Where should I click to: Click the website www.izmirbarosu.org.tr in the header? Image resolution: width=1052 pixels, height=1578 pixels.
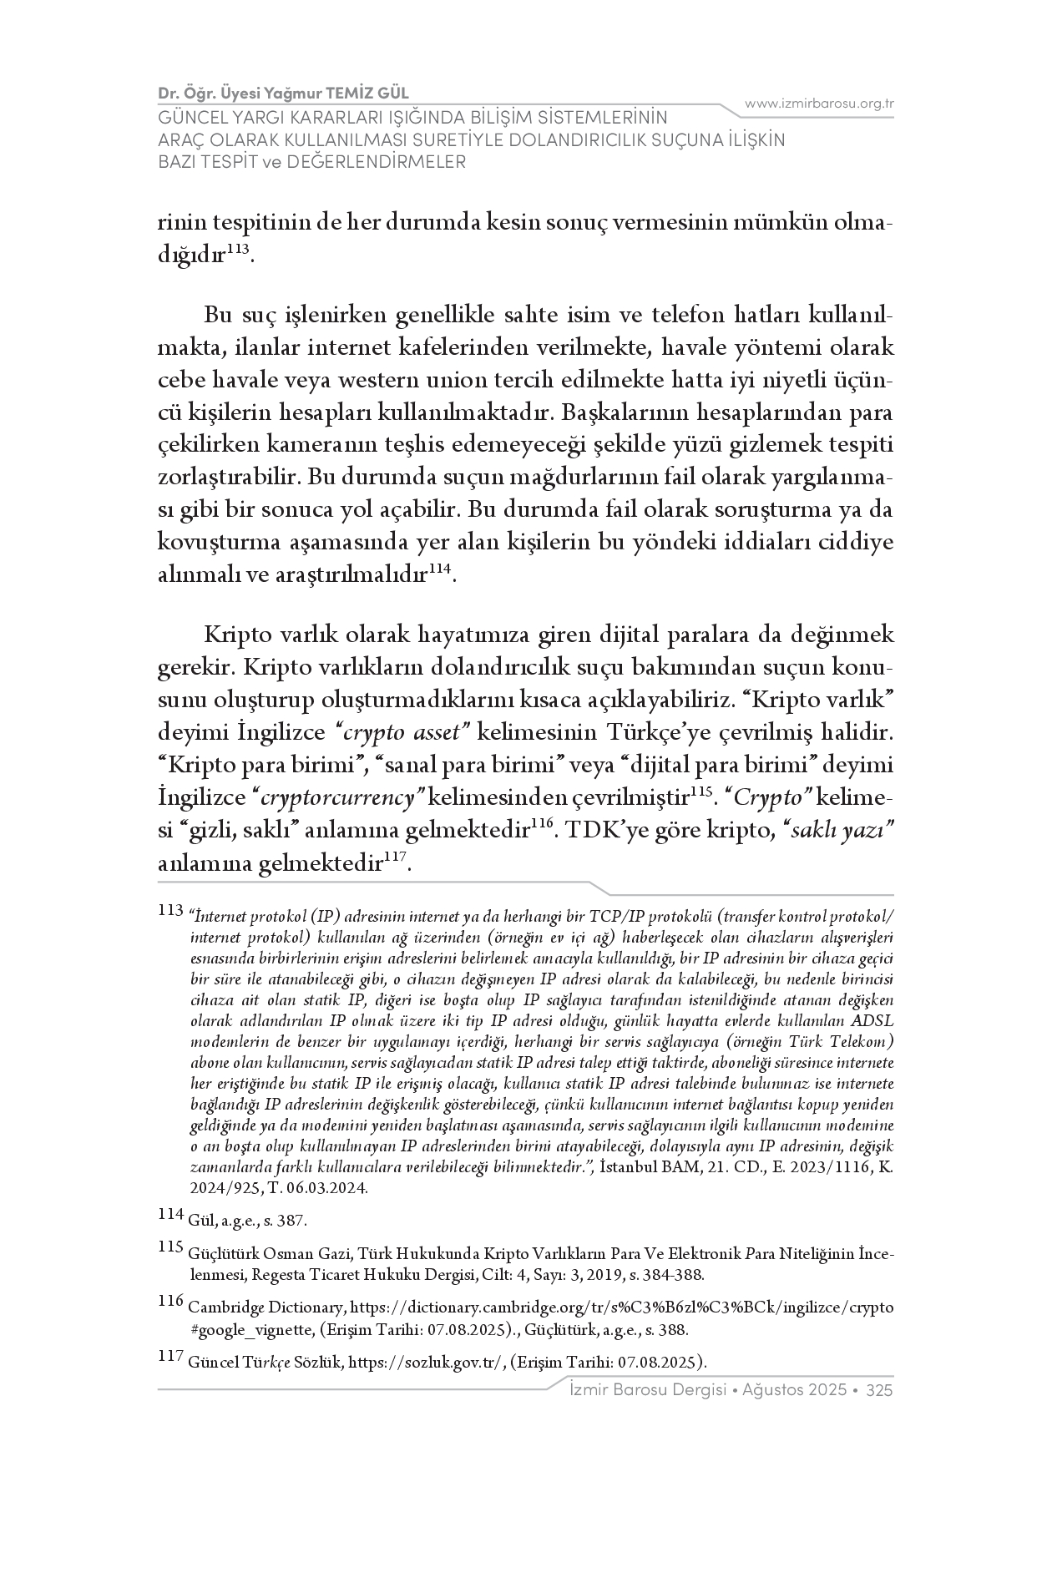pyautogui.click(x=819, y=104)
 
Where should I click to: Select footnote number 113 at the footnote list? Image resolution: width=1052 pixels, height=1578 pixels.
pyautogui.click(x=169, y=910)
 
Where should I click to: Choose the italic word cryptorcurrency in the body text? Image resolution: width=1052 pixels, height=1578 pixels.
pyautogui.click(x=338, y=798)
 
